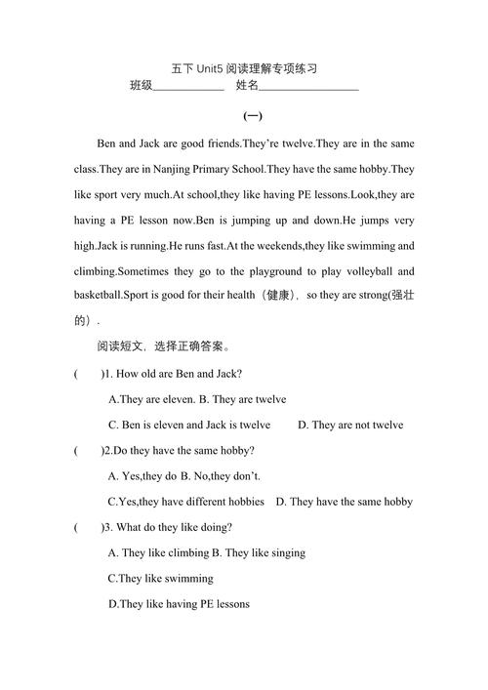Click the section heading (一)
[x=252, y=116]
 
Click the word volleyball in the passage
[x=381, y=271]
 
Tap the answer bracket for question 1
[x=89, y=374]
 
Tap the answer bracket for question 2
[x=89, y=450]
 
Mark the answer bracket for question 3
[x=89, y=527]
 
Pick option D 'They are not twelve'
[x=350, y=425]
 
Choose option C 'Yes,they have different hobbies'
[x=185, y=502]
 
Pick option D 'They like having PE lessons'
[x=179, y=604]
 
